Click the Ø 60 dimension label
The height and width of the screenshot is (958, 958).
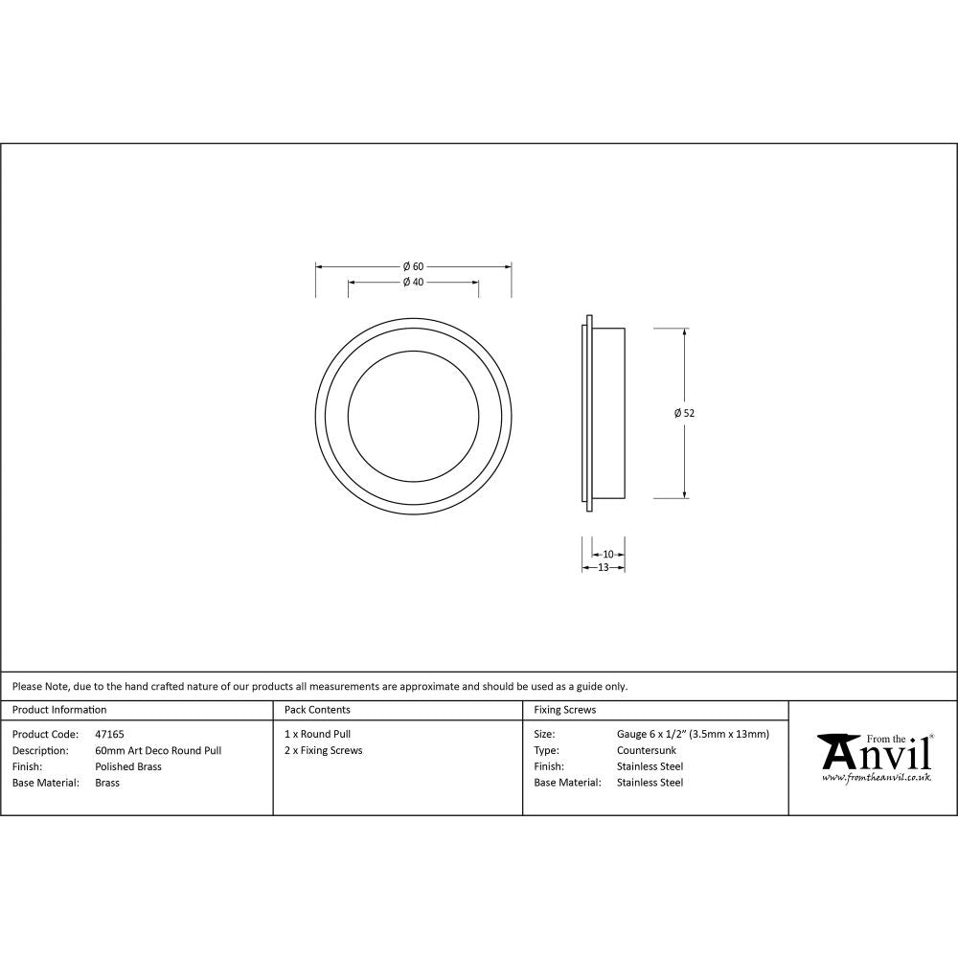pyautogui.click(x=413, y=265)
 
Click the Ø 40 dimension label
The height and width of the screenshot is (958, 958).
pyautogui.click(x=413, y=282)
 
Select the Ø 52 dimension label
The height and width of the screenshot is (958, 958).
pyautogui.click(x=684, y=413)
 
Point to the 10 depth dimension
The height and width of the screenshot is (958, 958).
pyautogui.click(x=608, y=554)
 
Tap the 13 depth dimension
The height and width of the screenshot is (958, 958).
pyautogui.click(x=604, y=567)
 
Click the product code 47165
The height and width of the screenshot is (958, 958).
pyautogui.click(x=109, y=734)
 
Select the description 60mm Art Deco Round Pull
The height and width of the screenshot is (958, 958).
pyautogui.click(x=158, y=750)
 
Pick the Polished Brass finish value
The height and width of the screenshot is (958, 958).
pyautogui.click(x=128, y=766)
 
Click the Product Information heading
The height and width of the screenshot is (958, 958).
pyautogui.click(x=59, y=710)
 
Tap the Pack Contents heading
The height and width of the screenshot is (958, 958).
pyautogui.click(x=317, y=710)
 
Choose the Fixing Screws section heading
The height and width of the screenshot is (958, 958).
pyautogui.click(x=564, y=710)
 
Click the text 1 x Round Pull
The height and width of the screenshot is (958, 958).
pyautogui.click(x=317, y=734)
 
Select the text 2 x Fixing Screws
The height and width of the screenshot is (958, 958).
pyautogui.click(x=323, y=750)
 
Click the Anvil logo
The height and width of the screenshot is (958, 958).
pyautogui.click(x=874, y=753)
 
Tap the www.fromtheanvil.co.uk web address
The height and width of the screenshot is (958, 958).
pyautogui.click(x=876, y=778)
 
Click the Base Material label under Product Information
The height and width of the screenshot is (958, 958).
pyautogui.click(x=46, y=783)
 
